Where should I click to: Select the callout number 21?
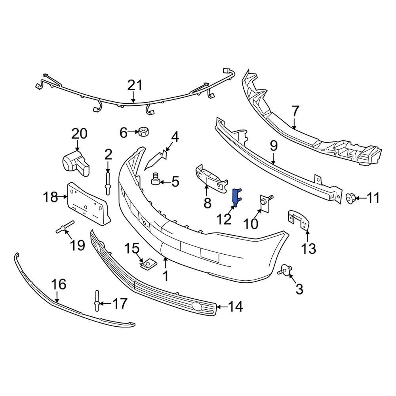click(134, 86)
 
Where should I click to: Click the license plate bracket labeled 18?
click(88, 204)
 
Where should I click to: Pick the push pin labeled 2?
click(108, 183)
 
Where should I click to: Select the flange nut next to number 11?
click(350, 197)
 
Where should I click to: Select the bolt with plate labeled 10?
click(265, 201)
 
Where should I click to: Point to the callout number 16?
click(59, 284)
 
